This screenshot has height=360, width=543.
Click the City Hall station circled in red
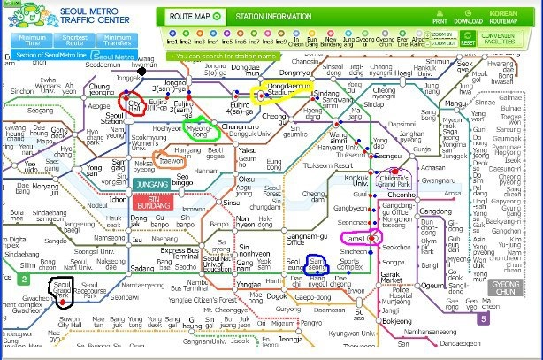136,104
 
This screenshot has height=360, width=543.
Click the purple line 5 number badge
483,319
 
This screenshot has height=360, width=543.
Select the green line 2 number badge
25,280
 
